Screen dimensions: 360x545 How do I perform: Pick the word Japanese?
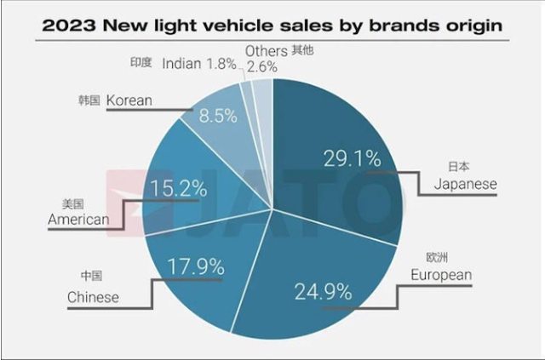point(465,184)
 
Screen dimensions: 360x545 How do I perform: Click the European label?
point(464,274)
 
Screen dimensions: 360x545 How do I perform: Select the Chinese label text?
point(94,297)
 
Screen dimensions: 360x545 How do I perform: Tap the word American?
point(78,220)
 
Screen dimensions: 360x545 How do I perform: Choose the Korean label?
point(129,100)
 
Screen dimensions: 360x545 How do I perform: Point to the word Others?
point(266,51)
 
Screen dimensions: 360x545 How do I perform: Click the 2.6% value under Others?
point(261,66)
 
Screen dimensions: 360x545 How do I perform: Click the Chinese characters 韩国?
point(89,100)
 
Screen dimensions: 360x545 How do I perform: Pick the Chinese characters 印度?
point(142,62)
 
